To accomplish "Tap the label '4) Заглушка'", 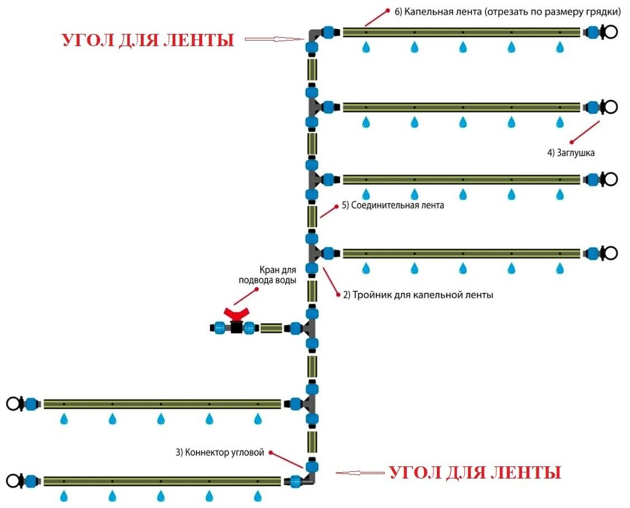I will click(x=570, y=152).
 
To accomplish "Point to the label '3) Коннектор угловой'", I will click(x=219, y=452).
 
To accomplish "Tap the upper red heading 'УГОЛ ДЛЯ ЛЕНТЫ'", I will click(x=147, y=40).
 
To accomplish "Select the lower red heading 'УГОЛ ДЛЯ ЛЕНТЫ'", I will click(x=474, y=473).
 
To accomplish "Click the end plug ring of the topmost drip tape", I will click(x=611, y=32).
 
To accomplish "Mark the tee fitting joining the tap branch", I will click(x=309, y=328).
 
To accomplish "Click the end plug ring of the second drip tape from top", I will click(x=611, y=106).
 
